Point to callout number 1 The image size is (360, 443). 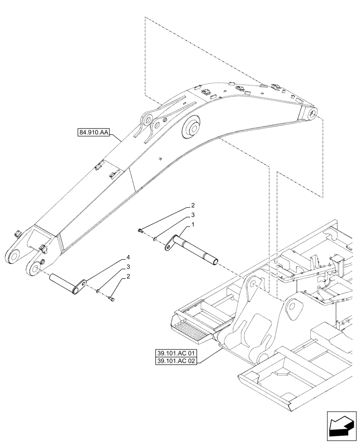pos(193,225)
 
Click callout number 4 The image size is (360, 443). pos(128,257)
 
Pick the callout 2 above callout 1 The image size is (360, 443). pos(193,206)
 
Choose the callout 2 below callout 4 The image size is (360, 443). pos(128,277)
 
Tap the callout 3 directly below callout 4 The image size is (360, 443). pos(128,267)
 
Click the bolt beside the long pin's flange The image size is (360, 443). pos(140,230)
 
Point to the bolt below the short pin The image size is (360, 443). pos(110,300)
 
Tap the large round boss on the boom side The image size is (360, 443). pos(192,129)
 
